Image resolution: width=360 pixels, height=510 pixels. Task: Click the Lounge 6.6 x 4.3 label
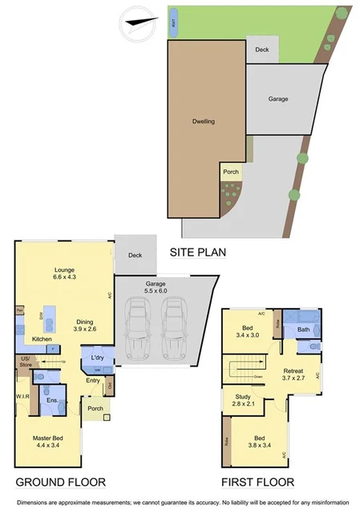point(64,273)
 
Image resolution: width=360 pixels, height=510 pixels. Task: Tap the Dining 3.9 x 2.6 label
point(84,326)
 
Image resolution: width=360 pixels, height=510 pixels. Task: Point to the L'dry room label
point(97,356)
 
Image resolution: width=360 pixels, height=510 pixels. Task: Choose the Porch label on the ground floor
point(95,409)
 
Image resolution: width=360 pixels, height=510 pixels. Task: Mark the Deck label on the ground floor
point(134,256)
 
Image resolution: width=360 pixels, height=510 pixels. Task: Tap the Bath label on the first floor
point(304,329)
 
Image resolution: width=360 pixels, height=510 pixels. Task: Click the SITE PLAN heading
point(197,252)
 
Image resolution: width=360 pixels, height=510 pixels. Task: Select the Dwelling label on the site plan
point(204,122)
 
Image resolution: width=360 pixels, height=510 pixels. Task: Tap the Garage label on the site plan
point(277,99)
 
